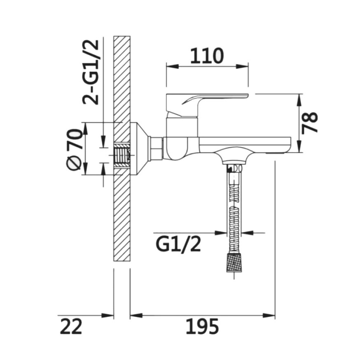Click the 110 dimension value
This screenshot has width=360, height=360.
coord(207,56)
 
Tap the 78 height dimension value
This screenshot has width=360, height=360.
coord(310,123)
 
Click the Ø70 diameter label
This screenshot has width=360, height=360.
coord(74,150)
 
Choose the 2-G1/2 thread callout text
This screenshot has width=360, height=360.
coord(91,72)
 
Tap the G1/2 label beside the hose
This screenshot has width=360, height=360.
coord(179,244)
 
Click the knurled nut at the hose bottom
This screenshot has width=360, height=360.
coord(234,263)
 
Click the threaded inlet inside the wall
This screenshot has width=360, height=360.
coord(122,155)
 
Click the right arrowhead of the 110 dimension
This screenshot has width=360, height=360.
coord(242,67)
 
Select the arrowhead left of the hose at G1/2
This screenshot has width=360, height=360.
coord(221,233)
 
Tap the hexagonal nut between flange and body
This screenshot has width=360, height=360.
coord(156,148)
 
